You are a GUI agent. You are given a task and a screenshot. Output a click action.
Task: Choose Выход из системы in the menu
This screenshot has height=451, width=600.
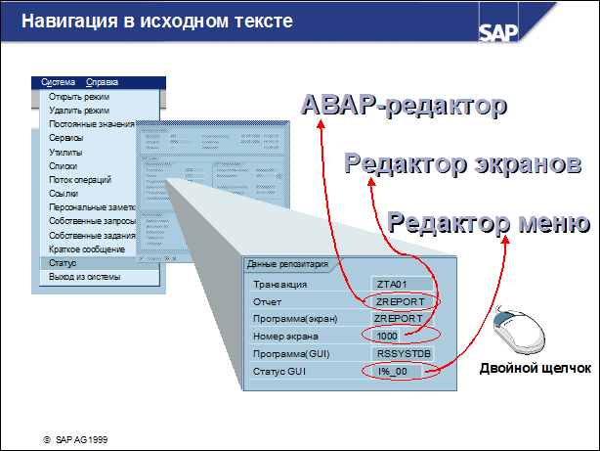84,278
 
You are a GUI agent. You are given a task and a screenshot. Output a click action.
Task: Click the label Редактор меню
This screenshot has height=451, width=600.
488,220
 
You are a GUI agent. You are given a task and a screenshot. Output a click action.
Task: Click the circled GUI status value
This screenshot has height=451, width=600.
395,371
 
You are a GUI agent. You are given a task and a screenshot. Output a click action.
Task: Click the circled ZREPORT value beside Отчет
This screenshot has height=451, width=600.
399,301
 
